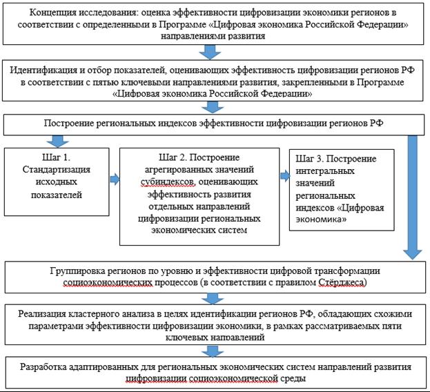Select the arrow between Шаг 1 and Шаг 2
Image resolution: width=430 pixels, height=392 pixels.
[115, 179]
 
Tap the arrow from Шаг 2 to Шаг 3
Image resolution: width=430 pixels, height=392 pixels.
[285, 176]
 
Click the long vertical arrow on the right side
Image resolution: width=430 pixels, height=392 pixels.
[412, 197]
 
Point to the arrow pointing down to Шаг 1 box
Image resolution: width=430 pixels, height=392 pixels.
[57, 141]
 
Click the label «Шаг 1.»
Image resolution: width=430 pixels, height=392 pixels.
[57, 157]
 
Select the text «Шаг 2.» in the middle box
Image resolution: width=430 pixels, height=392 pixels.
[173, 157]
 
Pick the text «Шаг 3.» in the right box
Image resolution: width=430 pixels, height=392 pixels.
[310, 159]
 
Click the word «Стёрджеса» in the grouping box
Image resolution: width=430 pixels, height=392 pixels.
[342, 282]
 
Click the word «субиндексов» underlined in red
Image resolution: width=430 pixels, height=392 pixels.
[168, 182]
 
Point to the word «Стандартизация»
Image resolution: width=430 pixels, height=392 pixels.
[56, 170]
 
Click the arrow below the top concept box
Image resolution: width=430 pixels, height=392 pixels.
[210, 52]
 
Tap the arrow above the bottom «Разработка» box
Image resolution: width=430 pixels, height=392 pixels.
[213, 351]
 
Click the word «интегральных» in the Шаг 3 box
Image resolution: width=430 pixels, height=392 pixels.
[325, 171]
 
